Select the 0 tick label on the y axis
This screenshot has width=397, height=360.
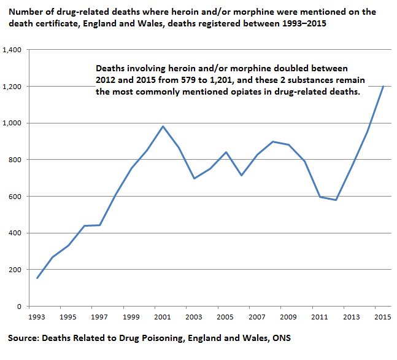20,307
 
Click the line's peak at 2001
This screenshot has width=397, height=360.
163,126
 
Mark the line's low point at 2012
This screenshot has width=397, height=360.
336,200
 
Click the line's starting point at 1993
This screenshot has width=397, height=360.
37,278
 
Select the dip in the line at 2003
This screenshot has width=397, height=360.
195,178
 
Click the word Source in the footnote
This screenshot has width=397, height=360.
23,338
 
